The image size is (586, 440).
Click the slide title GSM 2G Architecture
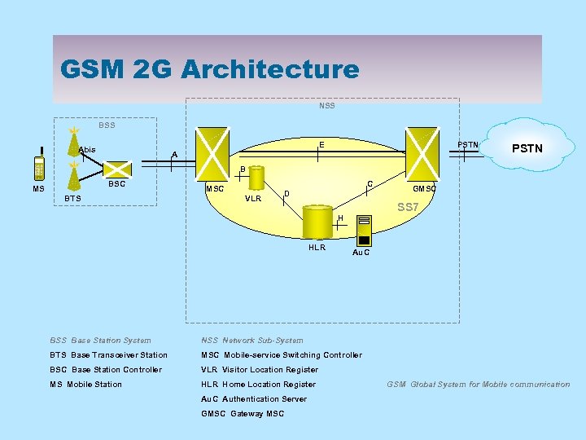209,69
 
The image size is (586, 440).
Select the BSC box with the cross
119,167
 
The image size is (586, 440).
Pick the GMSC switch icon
424,152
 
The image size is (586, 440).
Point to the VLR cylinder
256,177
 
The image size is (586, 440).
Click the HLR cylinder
317,222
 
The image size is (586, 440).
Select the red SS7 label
408,207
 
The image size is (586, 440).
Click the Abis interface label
87,149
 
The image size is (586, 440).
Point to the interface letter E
321,145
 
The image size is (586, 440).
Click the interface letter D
286,193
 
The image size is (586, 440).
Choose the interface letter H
340,218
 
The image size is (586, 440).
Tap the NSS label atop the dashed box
326,106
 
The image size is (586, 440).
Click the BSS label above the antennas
107,125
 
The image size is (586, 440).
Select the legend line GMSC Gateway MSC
243,414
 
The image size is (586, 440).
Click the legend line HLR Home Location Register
258,385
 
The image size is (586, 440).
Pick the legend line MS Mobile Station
85,385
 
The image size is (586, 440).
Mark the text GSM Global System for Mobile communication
478,385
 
